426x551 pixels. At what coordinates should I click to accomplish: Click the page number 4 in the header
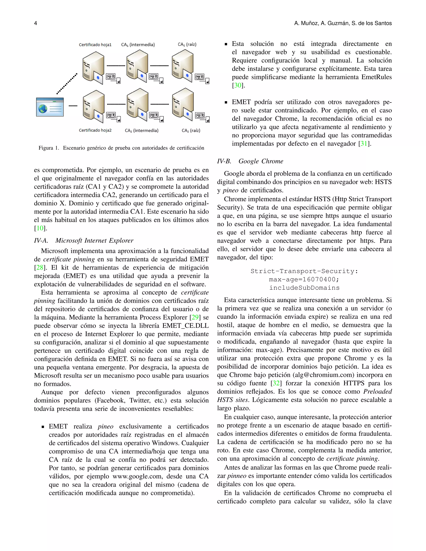[x=36, y=23]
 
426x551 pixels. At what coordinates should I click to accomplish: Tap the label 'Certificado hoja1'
[x=95, y=45]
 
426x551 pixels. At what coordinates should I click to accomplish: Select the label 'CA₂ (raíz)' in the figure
[x=191, y=130]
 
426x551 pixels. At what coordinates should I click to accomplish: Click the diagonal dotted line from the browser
[x=67, y=84]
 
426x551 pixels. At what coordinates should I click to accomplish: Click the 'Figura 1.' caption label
[x=49, y=148]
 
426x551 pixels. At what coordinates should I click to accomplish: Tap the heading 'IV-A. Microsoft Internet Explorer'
[x=84, y=240]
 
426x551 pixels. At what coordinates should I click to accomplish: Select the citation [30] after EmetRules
[x=238, y=85]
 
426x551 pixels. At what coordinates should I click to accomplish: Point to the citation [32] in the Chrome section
[x=276, y=383]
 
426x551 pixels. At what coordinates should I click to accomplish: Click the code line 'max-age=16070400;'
[x=304, y=279]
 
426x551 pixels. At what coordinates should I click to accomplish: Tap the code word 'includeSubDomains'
[x=304, y=288]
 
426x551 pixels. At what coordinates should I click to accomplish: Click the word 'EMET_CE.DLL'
[x=185, y=325]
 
